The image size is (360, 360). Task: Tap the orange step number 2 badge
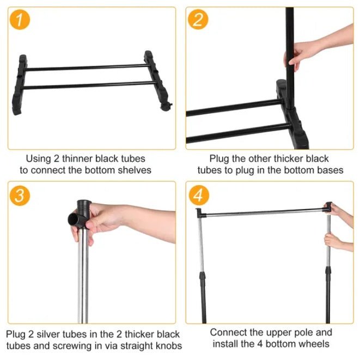click(x=198, y=20)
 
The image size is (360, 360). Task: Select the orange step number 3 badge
click(x=20, y=195)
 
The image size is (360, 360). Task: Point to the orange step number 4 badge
click(x=198, y=195)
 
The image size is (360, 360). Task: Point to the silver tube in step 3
click(x=82, y=283)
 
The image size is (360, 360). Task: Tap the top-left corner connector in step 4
click(x=199, y=212)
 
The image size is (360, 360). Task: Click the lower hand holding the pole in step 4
click(x=332, y=240)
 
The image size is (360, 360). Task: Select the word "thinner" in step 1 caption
click(x=77, y=159)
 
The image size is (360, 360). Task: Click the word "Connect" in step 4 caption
click(x=228, y=332)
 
